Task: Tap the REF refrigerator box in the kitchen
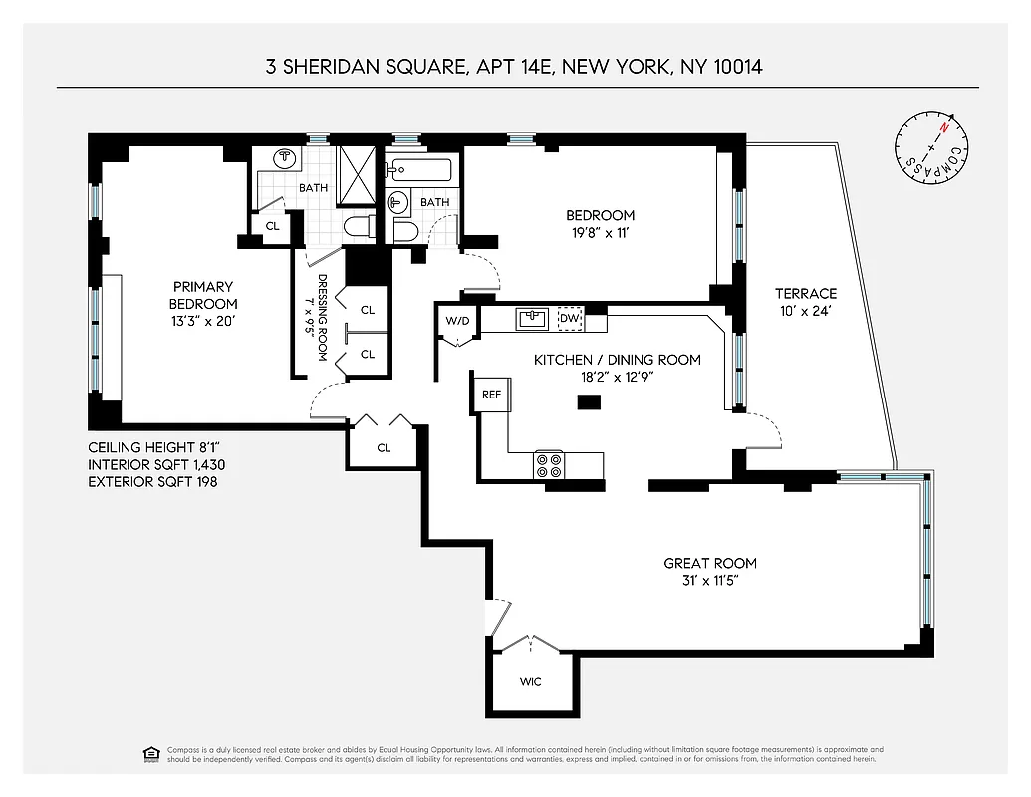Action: click(x=491, y=394)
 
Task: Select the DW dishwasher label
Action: click(x=569, y=318)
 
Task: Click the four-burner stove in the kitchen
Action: click(x=549, y=464)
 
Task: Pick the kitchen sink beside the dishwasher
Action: click(x=531, y=318)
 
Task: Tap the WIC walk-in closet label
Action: click(x=531, y=682)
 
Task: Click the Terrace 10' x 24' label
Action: click(x=806, y=302)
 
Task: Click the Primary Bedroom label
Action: click(x=202, y=295)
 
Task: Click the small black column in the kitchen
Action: click(x=590, y=402)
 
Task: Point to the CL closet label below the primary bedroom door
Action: click(x=384, y=448)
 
